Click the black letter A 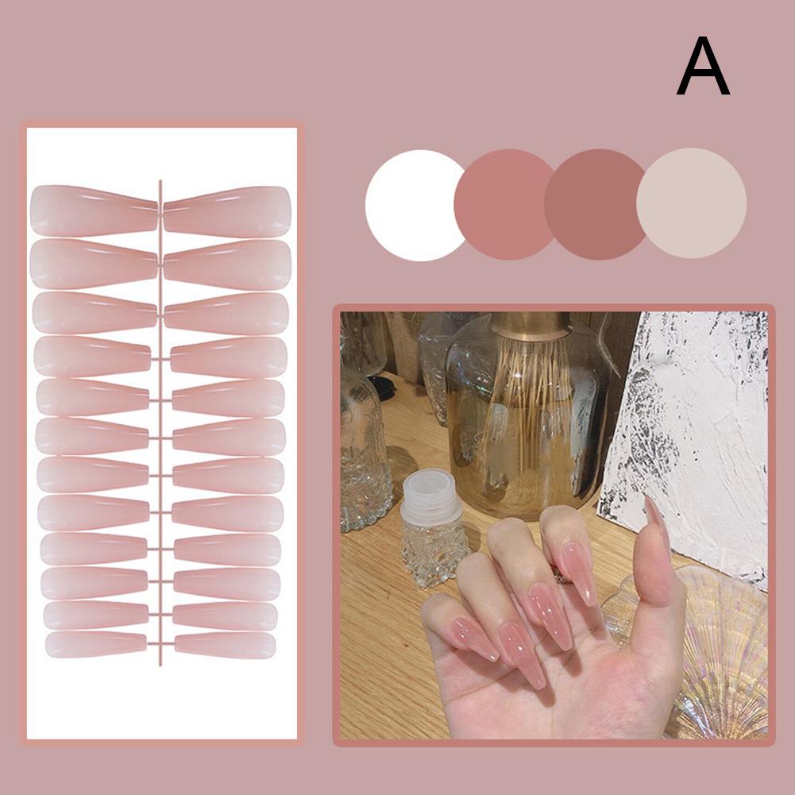(703, 66)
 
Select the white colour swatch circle (415, 206)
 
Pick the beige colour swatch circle (692, 203)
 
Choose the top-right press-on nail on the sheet (227, 212)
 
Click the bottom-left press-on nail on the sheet (96, 644)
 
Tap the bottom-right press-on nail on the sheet (225, 645)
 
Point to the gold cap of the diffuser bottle (531, 326)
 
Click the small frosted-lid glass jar (434, 528)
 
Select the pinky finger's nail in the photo (474, 638)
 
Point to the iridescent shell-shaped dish (710, 654)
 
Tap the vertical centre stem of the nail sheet (160, 423)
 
